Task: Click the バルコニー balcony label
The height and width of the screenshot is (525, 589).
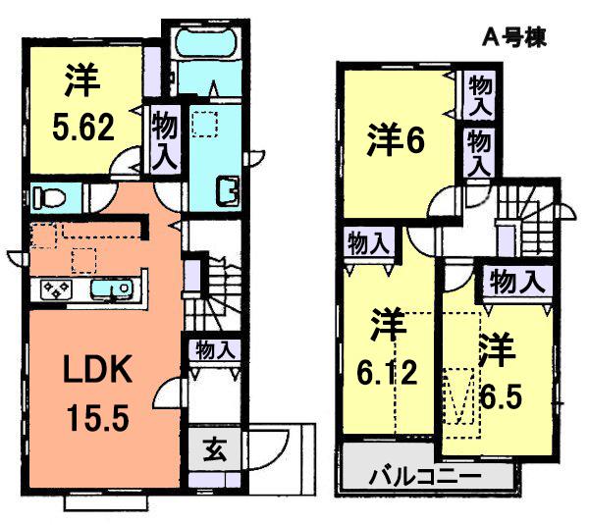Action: [x=424, y=477]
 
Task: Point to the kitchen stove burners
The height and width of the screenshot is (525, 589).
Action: [x=56, y=289]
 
